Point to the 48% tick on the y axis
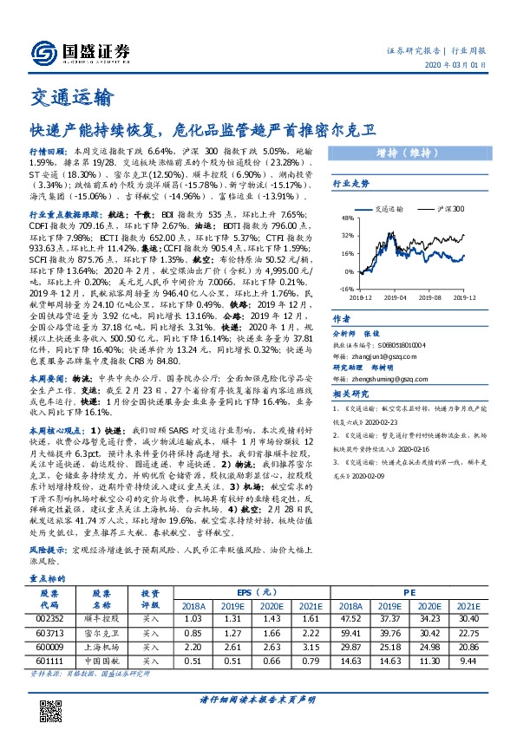click(348, 218)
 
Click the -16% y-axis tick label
click(346, 289)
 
